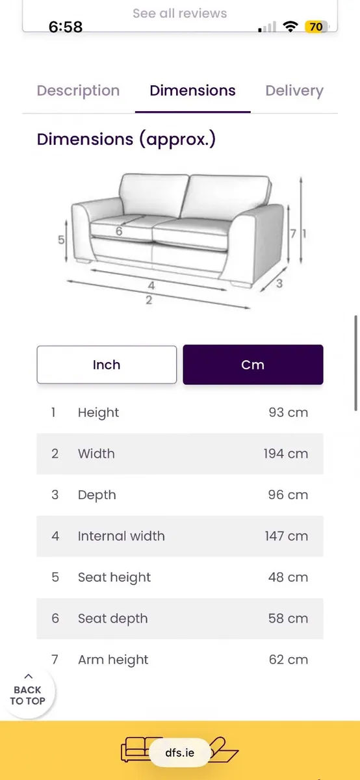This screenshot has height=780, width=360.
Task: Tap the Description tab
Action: pos(79,91)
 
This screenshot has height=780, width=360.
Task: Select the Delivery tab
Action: pos(294,91)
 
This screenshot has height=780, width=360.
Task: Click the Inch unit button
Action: pos(107,365)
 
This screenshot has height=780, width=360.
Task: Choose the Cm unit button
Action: pos(253,365)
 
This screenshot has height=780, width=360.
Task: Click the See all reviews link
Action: pos(179,13)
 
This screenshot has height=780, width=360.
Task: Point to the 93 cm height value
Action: pos(289,412)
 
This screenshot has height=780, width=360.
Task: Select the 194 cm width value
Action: pos(285,454)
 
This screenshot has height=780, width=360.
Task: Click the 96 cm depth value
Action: pos(288,495)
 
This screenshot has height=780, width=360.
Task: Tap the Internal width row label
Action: pos(121,536)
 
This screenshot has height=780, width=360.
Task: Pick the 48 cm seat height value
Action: pos(288,577)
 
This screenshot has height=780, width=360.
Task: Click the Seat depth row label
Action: pos(113,619)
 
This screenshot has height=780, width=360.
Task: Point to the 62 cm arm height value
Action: pos(289,660)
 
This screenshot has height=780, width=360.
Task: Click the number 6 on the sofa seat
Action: pos(119,231)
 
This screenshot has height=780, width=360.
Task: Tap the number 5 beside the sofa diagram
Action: pos(61,240)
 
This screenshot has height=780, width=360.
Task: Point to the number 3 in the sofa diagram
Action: pos(279,283)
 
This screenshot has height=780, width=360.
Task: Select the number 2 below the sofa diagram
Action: pos(149,300)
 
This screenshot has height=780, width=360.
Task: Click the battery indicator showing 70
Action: pos(316,27)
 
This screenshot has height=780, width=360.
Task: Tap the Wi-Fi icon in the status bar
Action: pos(290,27)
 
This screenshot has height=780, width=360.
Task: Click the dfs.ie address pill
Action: pos(179,753)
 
